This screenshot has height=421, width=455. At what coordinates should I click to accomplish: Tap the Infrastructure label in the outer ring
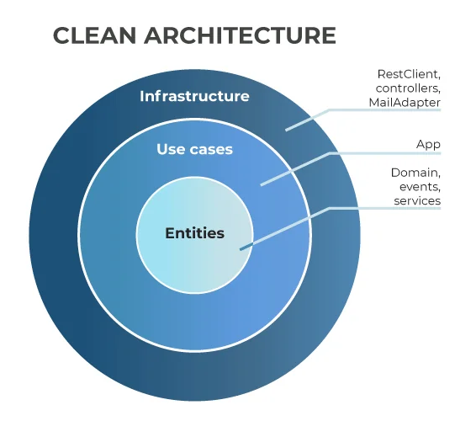pos(194,96)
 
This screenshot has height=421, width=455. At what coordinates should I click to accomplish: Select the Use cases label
pos(194,150)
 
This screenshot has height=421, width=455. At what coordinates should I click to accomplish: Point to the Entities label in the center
pos(194,233)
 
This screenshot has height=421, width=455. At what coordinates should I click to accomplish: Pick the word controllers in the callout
pos(408,88)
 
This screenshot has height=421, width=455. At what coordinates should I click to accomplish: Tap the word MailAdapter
pos(405,102)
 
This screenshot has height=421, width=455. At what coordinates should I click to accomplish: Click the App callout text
pos(428,144)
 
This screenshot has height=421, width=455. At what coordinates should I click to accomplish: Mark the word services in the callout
pos(417,201)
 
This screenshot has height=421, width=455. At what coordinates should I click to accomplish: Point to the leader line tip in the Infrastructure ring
pos(286,130)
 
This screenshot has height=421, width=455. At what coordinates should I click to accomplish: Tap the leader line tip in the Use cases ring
pos(262,184)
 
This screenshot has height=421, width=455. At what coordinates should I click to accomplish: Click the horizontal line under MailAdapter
pos(387,110)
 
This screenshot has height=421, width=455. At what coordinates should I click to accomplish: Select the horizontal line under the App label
pos(387,154)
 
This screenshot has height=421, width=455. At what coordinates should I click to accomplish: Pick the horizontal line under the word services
pos(387,208)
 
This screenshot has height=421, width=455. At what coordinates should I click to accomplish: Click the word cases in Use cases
pos(211,150)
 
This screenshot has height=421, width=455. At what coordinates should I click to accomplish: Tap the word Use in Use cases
pos(170,150)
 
